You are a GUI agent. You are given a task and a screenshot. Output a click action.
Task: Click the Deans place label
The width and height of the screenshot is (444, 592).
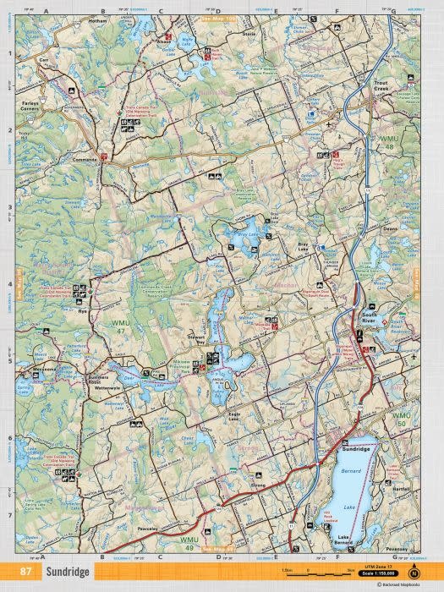pos(389,228)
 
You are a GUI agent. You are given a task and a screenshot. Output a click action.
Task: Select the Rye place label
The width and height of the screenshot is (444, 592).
pos(83,312)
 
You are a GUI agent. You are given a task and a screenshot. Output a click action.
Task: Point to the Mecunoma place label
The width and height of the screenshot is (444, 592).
pos(46,369)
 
